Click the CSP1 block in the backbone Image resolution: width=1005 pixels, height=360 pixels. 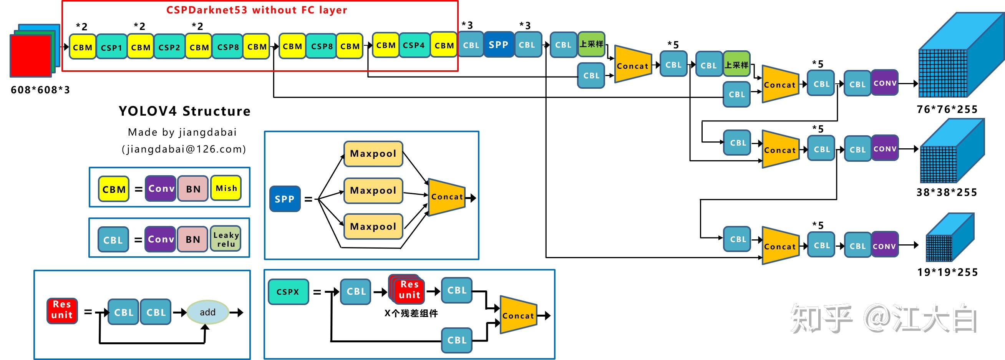point(111,47)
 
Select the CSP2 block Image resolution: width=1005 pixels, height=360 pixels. point(169,47)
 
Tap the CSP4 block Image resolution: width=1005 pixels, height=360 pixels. point(414,45)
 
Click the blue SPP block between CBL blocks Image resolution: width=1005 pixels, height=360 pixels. point(499,45)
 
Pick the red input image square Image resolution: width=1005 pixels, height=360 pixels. point(30,55)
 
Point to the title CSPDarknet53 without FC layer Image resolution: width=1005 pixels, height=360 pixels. point(257,10)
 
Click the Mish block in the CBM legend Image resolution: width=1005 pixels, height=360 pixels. point(226,188)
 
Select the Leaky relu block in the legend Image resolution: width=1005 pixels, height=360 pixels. point(226,239)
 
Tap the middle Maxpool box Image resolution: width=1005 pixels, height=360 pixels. point(373,190)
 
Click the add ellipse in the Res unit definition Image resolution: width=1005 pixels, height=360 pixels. point(207,312)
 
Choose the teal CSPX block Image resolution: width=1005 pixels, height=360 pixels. point(288,292)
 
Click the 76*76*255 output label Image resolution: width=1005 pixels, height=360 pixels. point(947,109)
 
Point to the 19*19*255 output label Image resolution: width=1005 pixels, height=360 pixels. point(948,272)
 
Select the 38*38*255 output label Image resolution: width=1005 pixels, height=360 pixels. point(947,192)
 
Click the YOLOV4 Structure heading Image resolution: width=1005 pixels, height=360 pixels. point(184,111)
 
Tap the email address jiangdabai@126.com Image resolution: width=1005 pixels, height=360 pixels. point(184,149)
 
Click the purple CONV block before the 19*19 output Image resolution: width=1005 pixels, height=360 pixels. point(884,246)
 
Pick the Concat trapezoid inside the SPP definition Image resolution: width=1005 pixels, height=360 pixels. point(447,197)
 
